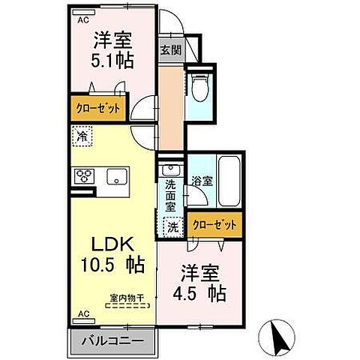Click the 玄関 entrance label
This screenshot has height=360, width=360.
tap(169, 51)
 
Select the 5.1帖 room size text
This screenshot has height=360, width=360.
tap(114, 59)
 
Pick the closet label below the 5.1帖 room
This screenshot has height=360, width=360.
tap(98, 108)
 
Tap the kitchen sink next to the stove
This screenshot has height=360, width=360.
tap(118, 177)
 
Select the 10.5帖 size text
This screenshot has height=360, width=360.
tap(113, 266)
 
